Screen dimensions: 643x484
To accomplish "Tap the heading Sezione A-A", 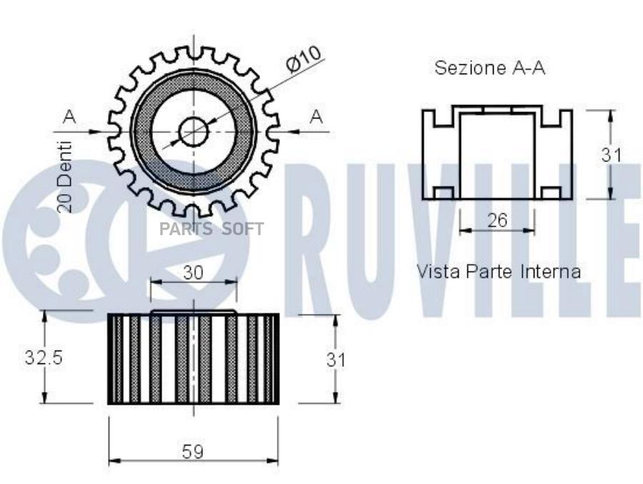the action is (489, 68).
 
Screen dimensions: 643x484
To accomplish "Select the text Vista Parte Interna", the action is (499, 271).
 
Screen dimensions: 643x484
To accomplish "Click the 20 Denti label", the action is (65, 177).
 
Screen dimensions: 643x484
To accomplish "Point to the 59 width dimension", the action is (193, 452).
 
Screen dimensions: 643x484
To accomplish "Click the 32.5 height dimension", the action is (44, 358).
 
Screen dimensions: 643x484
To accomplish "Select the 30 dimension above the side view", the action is (193, 273).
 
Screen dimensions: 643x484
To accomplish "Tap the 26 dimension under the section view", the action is (497, 221).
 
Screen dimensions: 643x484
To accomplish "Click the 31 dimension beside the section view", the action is (612, 155).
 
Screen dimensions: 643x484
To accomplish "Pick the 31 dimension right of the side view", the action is (337, 360).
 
